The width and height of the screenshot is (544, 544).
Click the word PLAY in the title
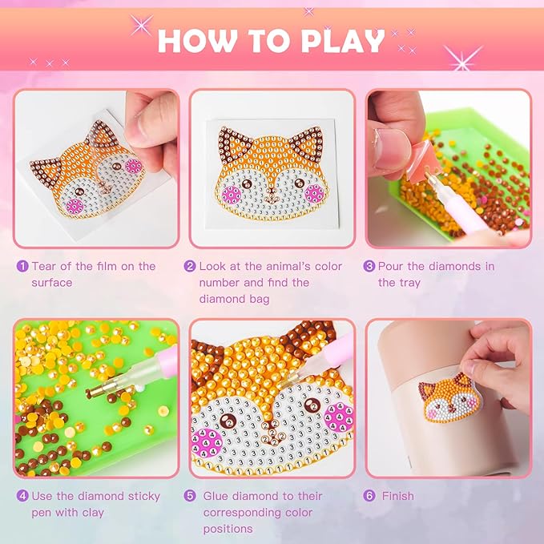342,42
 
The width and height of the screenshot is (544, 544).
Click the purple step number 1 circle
22,267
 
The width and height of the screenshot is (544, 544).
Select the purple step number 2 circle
190,267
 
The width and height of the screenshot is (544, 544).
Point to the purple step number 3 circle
369,267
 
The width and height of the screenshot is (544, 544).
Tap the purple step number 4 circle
22,496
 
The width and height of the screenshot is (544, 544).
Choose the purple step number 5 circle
190,496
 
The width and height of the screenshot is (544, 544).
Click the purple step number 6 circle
369,496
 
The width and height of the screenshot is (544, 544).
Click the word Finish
397,496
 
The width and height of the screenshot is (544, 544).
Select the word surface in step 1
52,283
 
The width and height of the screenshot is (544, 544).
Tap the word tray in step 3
409,284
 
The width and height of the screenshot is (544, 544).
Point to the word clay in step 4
93,513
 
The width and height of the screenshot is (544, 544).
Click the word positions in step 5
228,530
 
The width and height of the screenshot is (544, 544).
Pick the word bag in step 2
259,299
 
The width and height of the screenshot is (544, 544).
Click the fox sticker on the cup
449,398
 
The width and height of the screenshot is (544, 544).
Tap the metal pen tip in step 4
95,391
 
